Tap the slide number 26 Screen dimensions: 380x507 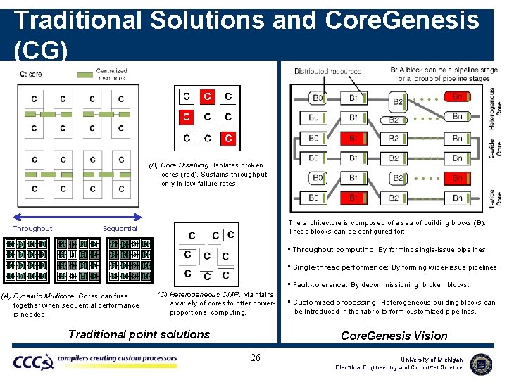256,358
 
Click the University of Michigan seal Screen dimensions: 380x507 481,363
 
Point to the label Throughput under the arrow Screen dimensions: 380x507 32,228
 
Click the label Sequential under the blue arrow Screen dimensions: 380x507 120,228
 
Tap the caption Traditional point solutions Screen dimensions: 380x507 139,334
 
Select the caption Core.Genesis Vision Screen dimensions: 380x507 394,336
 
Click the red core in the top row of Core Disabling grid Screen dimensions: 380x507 207,96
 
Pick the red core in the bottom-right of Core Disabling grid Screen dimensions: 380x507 228,138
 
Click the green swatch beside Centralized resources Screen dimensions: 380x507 84,72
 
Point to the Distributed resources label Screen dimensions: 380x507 327,71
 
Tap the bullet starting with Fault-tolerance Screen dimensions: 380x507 381,285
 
